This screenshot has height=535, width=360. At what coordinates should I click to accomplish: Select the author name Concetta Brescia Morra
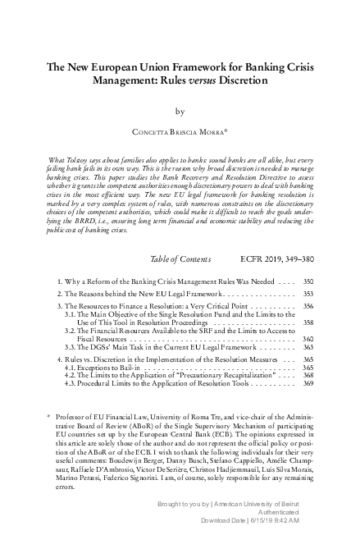coord(180,130)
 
